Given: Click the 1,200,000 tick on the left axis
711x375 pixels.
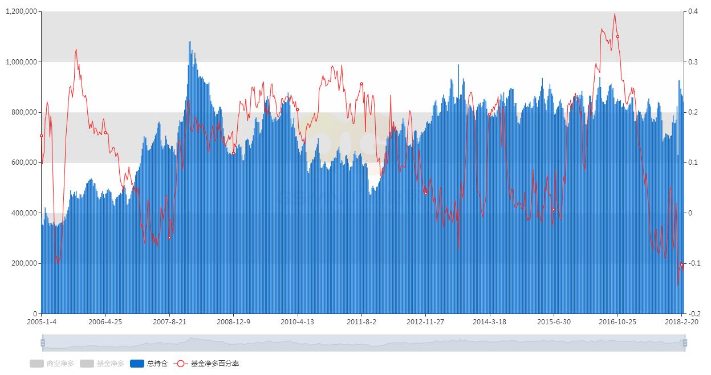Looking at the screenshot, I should tap(21, 11).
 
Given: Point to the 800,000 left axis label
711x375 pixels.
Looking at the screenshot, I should tap(23, 112).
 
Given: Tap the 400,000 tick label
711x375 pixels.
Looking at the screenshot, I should tap(23, 213).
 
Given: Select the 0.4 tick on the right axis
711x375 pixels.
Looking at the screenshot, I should tap(692, 11).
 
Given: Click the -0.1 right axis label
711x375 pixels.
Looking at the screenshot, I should tap(693, 263).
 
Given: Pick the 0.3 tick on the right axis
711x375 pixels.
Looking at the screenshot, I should tap(692, 62).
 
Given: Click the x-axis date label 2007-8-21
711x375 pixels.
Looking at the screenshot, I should tap(169, 321).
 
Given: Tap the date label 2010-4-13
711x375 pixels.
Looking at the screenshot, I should tap(297, 321).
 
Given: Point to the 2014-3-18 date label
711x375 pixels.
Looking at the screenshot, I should tap(489, 321).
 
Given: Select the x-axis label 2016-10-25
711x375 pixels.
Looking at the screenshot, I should tap(617, 321).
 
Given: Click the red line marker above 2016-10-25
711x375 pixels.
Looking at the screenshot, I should tap(617, 36).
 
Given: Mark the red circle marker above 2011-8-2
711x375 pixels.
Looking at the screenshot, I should tap(361, 84).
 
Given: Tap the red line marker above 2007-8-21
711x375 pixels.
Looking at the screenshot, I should tap(169, 238).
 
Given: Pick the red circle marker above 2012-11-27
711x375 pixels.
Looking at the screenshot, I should tap(425, 193).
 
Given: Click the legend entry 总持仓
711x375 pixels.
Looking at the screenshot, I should tap(149, 364).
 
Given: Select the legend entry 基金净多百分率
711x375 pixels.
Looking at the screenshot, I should tap(208, 364).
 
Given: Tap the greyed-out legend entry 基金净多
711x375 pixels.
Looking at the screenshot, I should tap(103, 364).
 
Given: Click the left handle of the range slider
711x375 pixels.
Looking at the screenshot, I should tap(43, 343).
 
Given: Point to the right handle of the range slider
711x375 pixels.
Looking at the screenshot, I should tap(685, 343).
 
